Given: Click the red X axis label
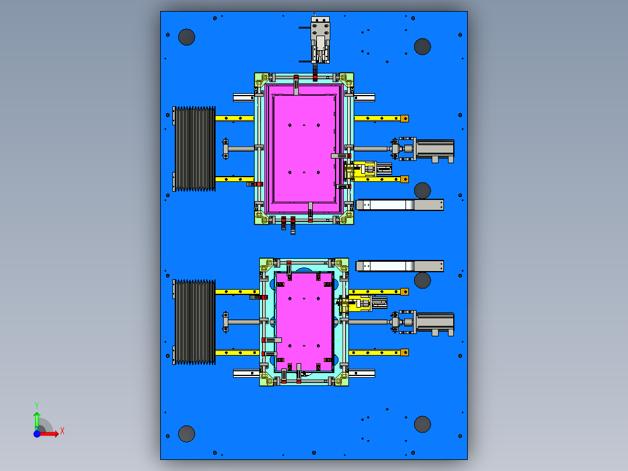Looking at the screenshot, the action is [x=62, y=431].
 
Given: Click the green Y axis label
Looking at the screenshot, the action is [x=37, y=406].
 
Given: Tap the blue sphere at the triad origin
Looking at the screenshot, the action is [x=37, y=434].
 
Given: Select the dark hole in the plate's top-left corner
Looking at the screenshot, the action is [x=186, y=37].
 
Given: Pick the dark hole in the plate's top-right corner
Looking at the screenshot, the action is [x=422, y=47].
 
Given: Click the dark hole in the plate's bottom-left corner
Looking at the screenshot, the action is [x=186, y=434].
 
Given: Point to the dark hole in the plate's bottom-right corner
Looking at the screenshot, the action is [x=422, y=424].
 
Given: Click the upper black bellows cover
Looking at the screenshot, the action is [x=194, y=149].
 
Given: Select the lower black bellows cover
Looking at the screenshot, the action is [x=194, y=322].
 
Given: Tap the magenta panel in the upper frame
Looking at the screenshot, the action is [x=304, y=148].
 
